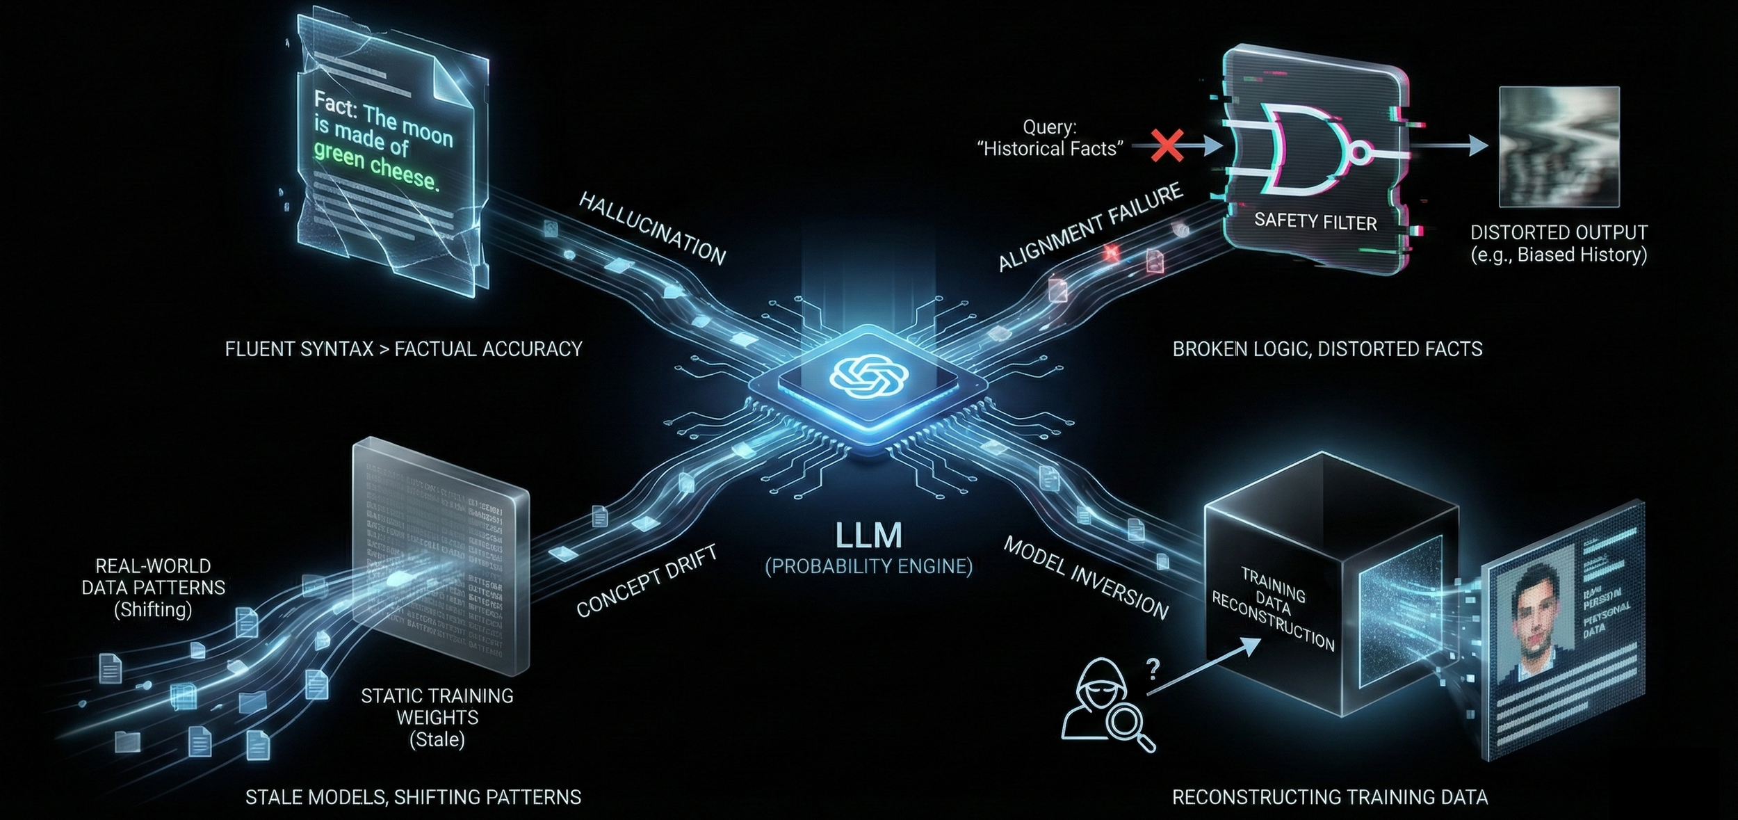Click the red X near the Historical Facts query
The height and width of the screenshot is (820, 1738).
point(1167,146)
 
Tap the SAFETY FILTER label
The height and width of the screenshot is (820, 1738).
point(1315,221)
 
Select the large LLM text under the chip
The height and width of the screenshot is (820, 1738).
point(868,536)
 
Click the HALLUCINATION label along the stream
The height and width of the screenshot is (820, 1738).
point(652,228)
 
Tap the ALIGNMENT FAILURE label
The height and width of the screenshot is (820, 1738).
point(1090,226)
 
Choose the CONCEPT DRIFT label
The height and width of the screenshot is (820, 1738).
point(647,581)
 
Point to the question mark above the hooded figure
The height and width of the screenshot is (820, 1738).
point(1153,669)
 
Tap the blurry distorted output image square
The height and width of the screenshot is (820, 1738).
point(1559,147)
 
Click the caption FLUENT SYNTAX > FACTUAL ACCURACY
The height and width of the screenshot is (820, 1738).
point(403,349)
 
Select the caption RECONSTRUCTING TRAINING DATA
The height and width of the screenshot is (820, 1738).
point(1330,797)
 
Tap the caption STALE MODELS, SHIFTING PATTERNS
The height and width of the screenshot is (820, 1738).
point(413,797)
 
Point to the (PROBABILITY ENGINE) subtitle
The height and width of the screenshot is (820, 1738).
point(868,567)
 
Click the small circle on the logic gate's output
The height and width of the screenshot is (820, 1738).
point(1361,152)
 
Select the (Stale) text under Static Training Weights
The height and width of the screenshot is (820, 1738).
point(437,739)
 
